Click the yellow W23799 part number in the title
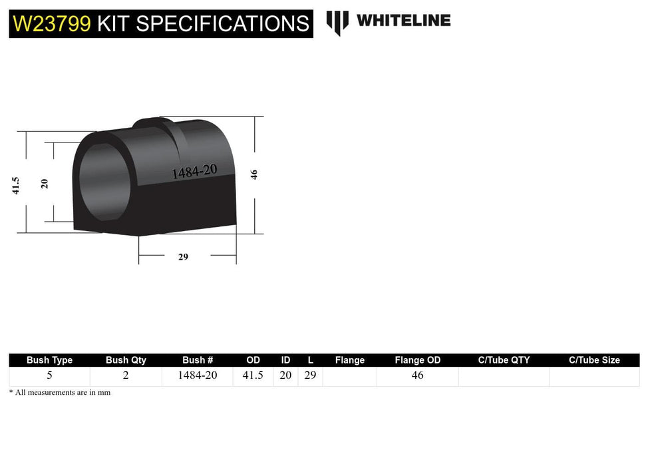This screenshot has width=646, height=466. [51, 24]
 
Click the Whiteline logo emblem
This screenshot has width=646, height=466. [337, 22]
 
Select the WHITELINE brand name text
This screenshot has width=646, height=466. [403, 21]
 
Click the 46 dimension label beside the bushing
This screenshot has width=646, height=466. [253, 174]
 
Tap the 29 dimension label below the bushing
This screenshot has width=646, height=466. [183, 257]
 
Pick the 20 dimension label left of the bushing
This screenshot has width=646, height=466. [45, 183]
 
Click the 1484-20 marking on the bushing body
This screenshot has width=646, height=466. [194, 172]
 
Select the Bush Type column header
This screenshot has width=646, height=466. [49, 360]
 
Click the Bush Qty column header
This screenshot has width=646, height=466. [126, 360]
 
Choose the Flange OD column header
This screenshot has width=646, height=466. [417, 360]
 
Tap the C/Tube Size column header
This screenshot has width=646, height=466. [594, 360]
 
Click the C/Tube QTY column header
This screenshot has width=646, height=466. [504, 360]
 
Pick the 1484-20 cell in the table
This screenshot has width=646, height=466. [198, 375]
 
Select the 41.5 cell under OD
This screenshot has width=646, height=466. [253, 375]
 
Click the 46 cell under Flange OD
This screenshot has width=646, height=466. [417, 375]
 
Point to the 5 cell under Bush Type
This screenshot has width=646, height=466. [49, 375]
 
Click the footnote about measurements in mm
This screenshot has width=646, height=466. [60, 393]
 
